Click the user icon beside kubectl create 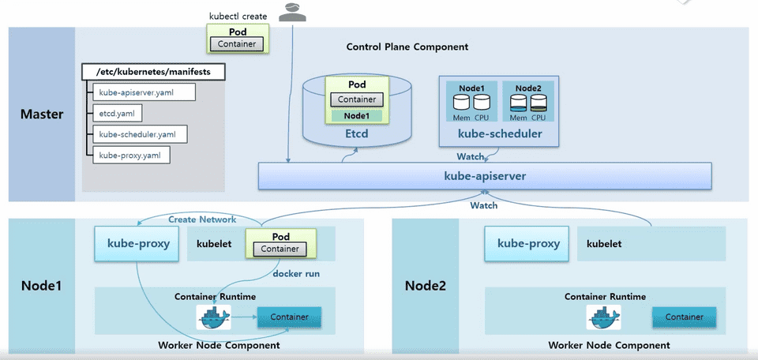(x=292, y=10)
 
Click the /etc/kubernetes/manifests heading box (x=152, y=72)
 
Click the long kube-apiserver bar (x=485, y=175)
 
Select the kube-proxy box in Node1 (x=133, y=244)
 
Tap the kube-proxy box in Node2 (x=523, y=244)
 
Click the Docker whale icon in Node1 (x=214, y=317)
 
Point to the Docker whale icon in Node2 (x=604, y=317)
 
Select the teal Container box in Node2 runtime (x=684, y=317)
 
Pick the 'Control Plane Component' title (x=407, y=47)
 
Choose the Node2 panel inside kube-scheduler (x=529, y=101)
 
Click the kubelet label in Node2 (x=604, y=244)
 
